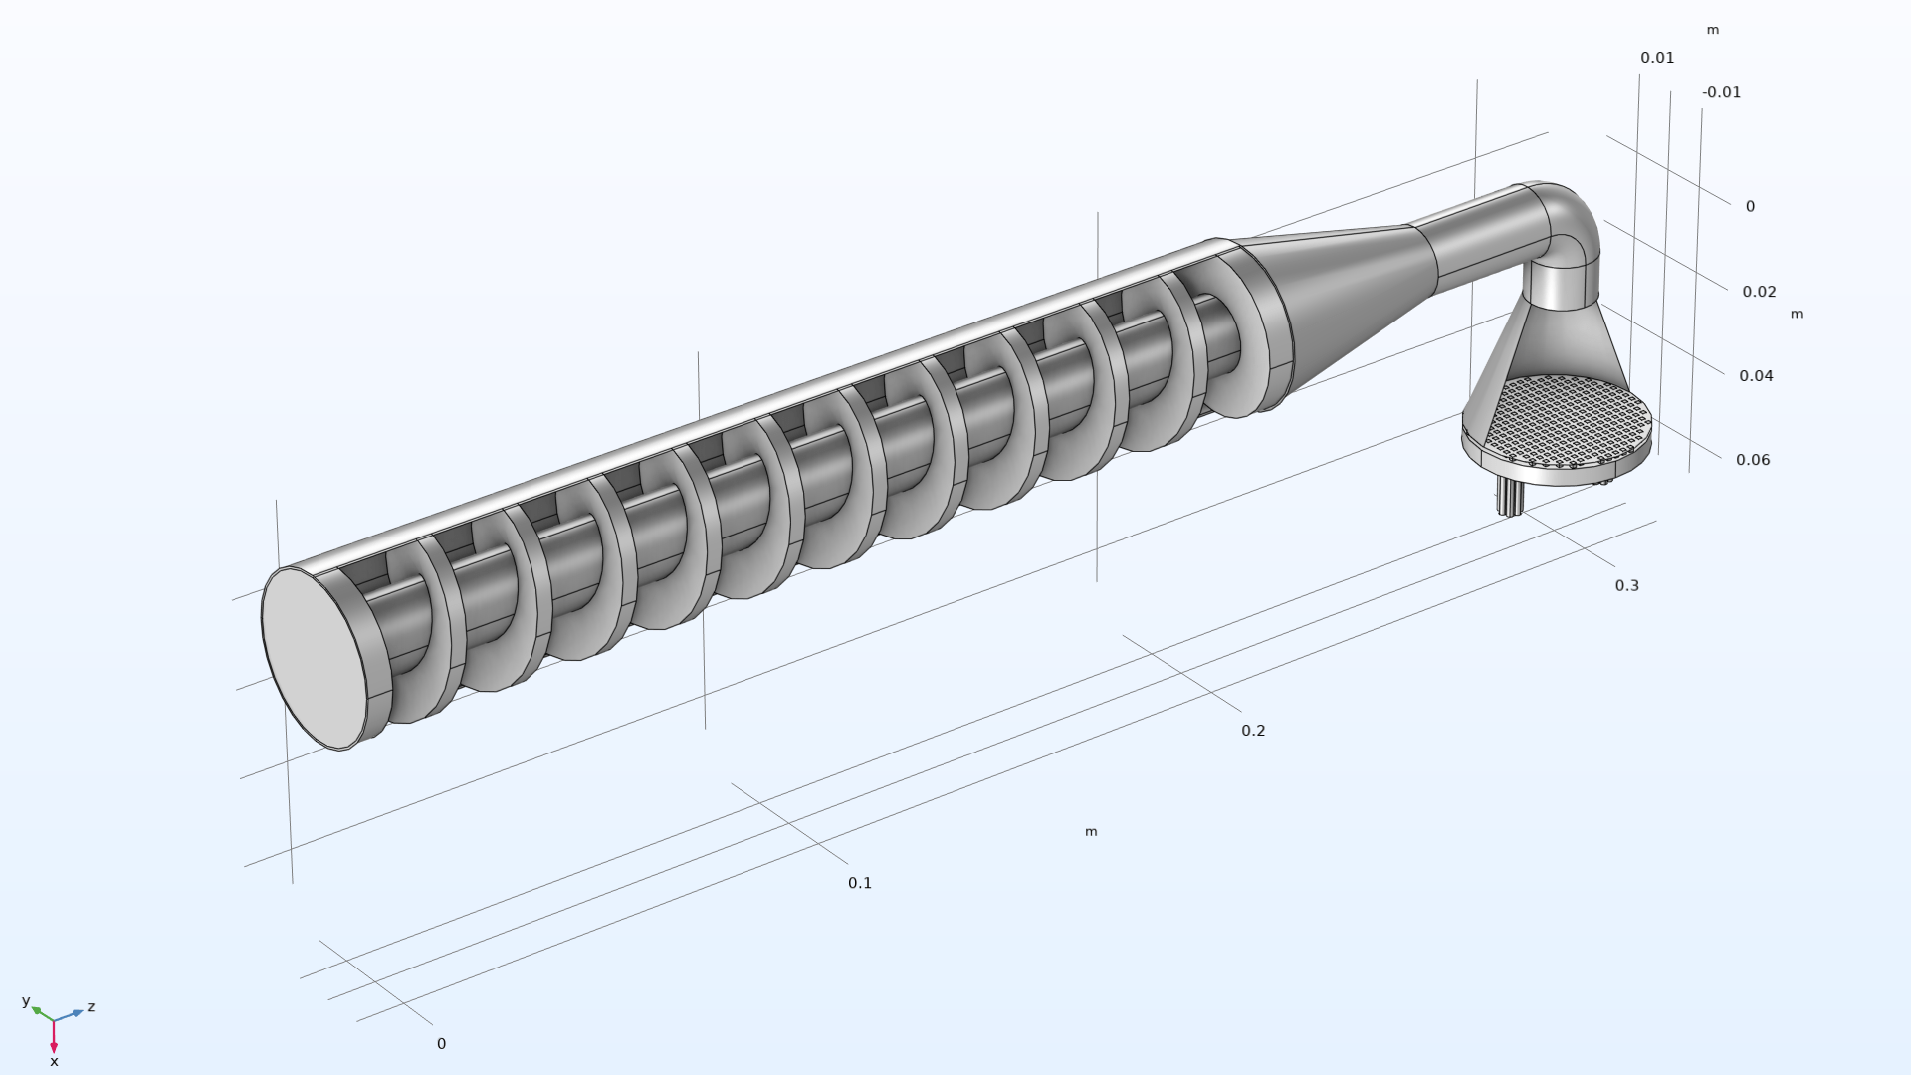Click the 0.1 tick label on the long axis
860,883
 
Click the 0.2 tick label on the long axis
1253,731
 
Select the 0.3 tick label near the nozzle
1626,586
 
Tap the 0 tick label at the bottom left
441,1044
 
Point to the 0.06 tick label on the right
1753,460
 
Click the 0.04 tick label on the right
1756,376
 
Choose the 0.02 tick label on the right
1759,292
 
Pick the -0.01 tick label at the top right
1721,92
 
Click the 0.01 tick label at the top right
1657,58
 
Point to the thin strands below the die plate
1509,496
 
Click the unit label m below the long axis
1091,832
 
